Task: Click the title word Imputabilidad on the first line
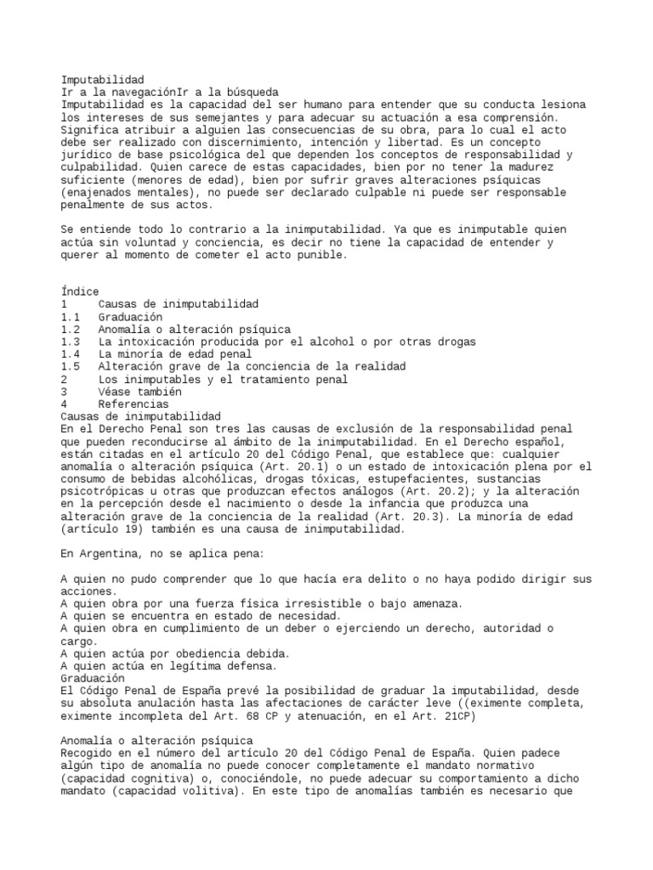(103, 79)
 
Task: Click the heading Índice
(80, 291)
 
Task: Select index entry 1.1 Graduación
(130, 316)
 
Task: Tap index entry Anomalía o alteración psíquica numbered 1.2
(194, 329)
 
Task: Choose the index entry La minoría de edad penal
(175, 353)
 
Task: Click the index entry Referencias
(133, 404)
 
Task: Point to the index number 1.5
(71, 366)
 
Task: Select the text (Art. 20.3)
(402, 517)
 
